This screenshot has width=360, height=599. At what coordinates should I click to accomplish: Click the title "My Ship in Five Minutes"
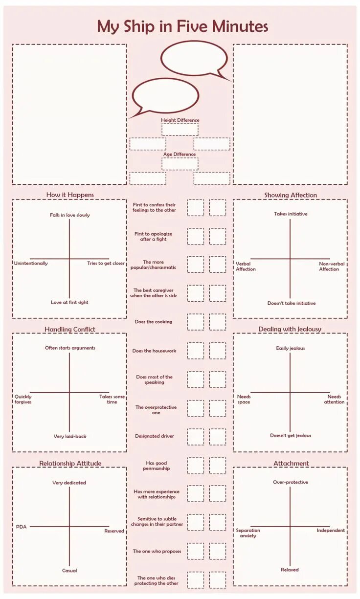(182, 26)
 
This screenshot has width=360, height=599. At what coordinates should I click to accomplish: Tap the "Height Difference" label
(180, 120)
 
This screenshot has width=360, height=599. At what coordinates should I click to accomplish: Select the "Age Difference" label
(180, 155)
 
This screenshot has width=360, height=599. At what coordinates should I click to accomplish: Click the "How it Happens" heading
(70, 195)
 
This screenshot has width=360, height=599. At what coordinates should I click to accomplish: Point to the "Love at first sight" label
(69, 302)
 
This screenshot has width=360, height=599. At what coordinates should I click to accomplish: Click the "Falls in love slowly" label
(69, 215)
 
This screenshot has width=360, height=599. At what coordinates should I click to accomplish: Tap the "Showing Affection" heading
(291, 195)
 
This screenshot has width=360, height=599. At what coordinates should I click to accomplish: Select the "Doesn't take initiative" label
(292, 303)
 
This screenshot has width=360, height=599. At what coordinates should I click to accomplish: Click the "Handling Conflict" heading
(69, 329)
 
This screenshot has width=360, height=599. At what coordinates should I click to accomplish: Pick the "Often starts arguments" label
(70, 348)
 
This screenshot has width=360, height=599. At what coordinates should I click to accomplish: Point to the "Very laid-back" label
(70, 436)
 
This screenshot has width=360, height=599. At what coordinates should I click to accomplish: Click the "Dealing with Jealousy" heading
(290, 329)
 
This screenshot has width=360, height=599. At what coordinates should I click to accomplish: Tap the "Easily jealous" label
(291, 348)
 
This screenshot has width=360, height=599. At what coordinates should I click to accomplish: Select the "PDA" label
(21, 527)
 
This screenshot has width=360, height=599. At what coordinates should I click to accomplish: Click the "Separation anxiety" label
(248, 533)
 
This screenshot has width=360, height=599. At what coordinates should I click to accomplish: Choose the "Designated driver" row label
(154, 436)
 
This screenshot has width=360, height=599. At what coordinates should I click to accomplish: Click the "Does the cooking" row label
(154, 322)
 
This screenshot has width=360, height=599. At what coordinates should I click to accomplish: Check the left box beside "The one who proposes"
(196, 551)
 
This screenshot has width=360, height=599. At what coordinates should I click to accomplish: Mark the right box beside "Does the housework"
(218, 351)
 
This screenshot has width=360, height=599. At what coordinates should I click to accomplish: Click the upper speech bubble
(194, 59)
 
